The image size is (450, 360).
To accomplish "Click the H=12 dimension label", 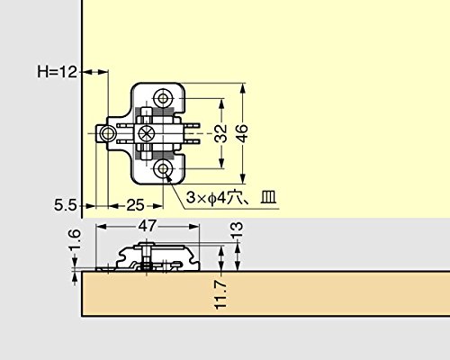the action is pos(57,72).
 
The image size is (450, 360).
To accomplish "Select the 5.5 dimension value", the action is pos(66,206).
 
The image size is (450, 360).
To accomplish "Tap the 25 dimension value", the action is pos(135,205).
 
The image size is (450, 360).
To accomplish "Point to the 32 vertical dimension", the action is pos(221,133).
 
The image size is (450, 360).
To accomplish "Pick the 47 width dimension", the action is pos(147,226).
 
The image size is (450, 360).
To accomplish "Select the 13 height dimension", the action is pos(237,230).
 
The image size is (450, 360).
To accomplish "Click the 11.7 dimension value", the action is pos(220,294).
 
